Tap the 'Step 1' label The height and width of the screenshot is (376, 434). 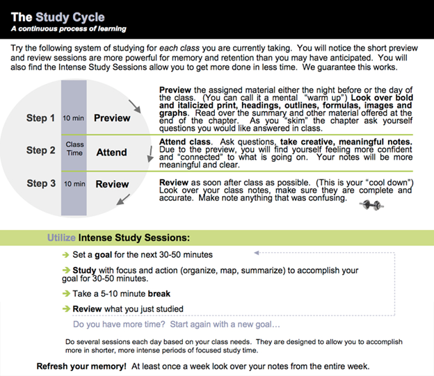(41, 118)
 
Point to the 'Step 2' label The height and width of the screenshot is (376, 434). (41, 150)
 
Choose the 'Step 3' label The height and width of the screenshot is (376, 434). (41, 183)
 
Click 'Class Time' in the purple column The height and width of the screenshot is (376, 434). (74, 149)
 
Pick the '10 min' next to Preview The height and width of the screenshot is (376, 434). (74, 118)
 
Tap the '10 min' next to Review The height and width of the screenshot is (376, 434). (74, 184)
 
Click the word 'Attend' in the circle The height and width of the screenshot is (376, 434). (111, 152)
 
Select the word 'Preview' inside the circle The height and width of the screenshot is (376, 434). (112, 118)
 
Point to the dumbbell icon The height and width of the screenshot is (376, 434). (369, 204)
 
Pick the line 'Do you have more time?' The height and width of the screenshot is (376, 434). (177, 324)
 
